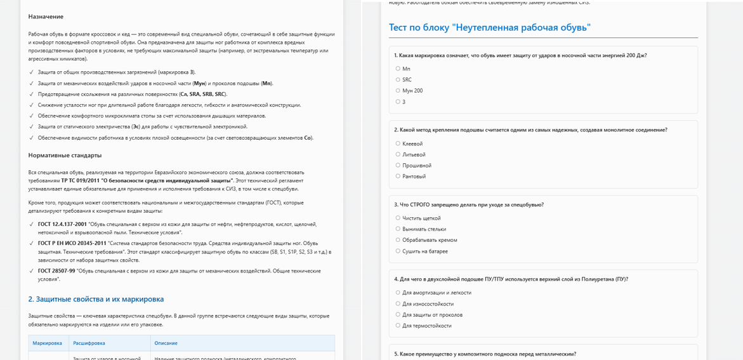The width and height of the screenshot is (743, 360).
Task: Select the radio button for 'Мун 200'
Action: tap(398, 91)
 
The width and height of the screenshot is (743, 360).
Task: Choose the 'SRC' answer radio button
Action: tap(398, 80)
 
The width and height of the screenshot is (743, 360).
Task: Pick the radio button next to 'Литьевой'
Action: tap(398, 154)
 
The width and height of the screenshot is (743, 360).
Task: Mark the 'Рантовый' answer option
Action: tap(398, 177)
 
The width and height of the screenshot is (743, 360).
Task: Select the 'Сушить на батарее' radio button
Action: tap(398, 251)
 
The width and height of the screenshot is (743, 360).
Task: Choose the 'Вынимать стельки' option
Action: tap(398, 229)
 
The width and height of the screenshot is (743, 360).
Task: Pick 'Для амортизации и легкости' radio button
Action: tap(398, 293)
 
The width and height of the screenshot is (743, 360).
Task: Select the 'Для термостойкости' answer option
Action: tap(398, 326)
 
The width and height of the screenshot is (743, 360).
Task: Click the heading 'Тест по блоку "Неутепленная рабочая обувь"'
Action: tap(489, 27)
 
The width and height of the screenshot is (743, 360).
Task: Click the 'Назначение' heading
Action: tap(46, 17)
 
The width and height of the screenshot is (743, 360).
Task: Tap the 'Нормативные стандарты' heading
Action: tap(65, 155)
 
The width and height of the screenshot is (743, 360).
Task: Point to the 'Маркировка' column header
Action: tap(48, 343)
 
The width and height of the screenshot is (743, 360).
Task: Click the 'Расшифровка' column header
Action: tap(89, 343)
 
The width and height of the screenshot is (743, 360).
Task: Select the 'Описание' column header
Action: tap(166, 343)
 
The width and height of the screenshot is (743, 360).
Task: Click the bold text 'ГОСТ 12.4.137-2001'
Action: tap(62, 224)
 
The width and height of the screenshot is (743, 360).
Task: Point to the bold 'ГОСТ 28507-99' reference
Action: tap(56, 271)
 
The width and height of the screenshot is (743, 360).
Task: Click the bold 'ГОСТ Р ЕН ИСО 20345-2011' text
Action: tap(71, 243)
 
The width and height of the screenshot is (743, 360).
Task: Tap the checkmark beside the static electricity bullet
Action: tap(32, 127)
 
